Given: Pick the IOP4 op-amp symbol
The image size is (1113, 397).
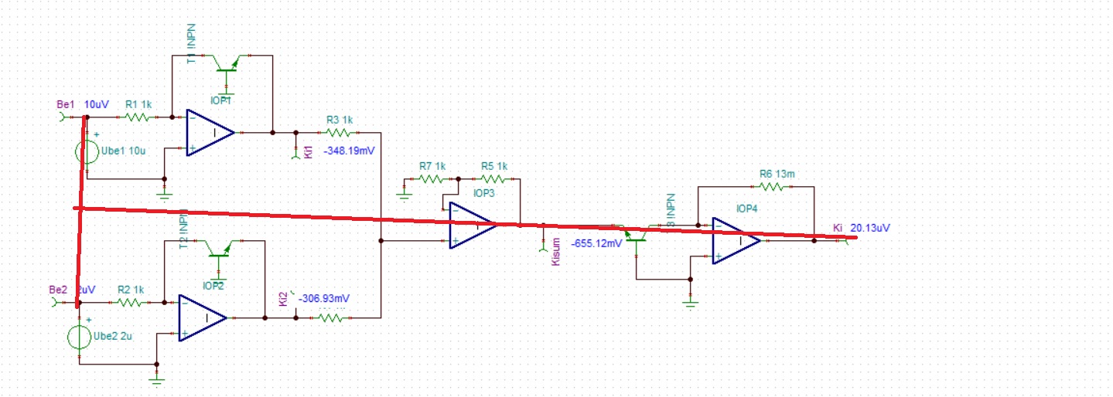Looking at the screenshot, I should coord(736,241).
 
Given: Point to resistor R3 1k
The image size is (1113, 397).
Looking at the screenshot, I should coord(338,133).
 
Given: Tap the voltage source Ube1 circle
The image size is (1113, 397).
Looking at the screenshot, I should coord(87,151).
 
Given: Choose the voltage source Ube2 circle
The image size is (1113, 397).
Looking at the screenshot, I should coord(79,337).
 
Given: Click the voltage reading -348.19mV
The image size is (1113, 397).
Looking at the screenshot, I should coord(349,151).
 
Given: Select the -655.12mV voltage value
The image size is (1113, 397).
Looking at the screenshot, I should coord(596,243).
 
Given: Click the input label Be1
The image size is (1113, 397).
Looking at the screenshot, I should coord(65,103).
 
